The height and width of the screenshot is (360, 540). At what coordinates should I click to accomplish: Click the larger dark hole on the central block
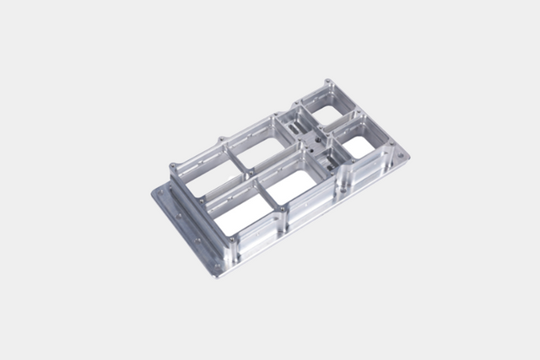[317, 139]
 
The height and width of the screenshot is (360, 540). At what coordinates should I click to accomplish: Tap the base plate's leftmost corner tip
[153, 193]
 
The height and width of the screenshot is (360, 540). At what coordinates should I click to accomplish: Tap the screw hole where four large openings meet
[259, 179]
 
